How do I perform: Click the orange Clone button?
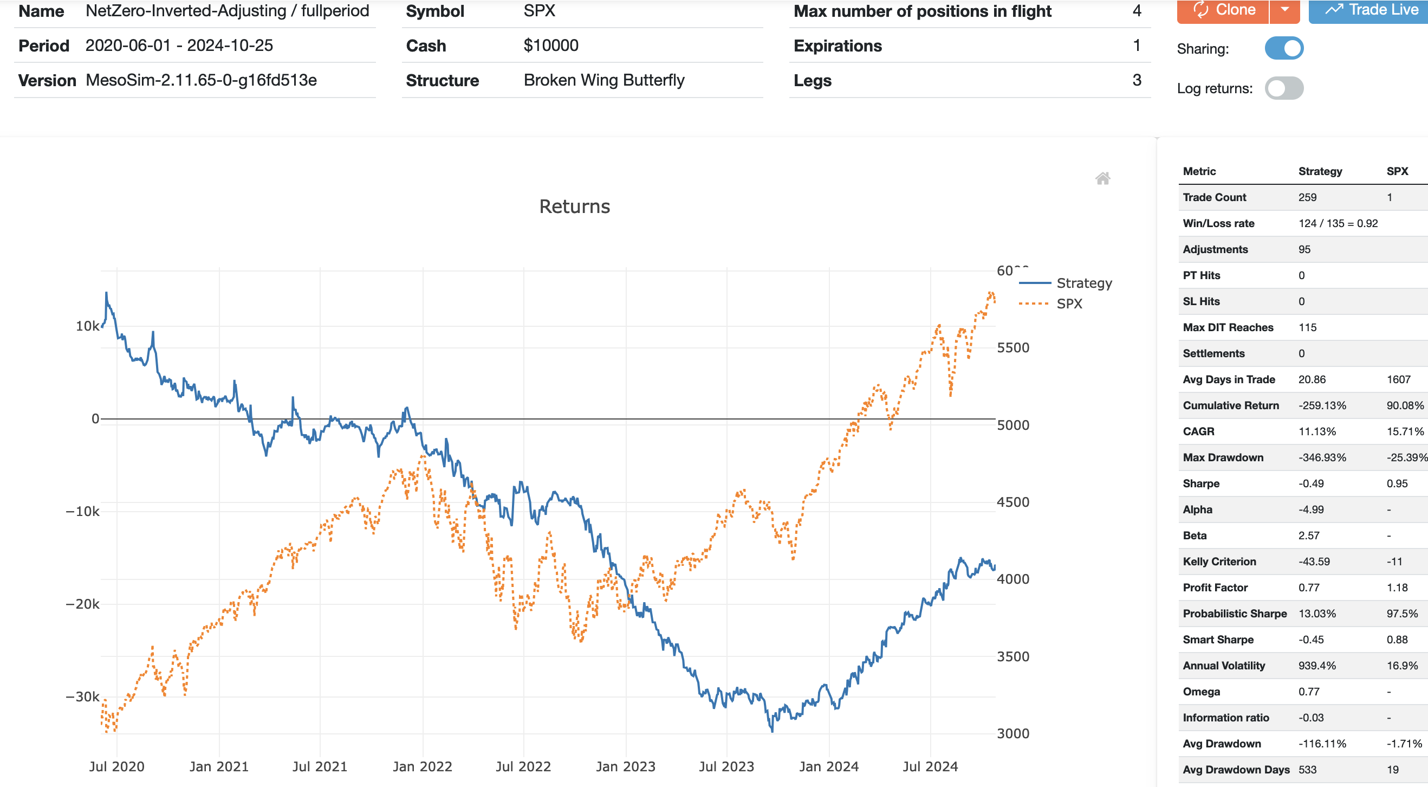click(x=1223, y=10)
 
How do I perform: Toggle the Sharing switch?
click(x=1284, y=48)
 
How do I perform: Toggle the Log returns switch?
click(x=1284, y=88)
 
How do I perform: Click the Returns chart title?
click(x=574, y=207)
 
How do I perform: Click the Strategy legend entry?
click(x=1084, y=283)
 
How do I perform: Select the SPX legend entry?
click(x=1069, y=304)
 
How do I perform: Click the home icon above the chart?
click(x=1102, y=178)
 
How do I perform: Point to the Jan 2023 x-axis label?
click(x=625, y=766)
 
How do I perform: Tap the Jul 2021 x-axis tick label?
click(x=319, y=766)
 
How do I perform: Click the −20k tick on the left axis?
click(x=82, y=604)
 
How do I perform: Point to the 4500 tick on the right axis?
click(x=1013, y=502)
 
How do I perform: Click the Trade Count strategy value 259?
click(x=1307, y=197)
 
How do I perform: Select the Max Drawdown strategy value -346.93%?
click(x=1322, y=457)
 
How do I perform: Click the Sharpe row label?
click(x=1200, y=483)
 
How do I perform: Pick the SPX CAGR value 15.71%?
click(x=1405, y=431)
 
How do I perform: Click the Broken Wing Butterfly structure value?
click(x=603, y=80)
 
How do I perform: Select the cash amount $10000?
click(x=550, y=46)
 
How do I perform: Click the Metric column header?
click(x=1199, y=171)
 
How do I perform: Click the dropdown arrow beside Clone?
click(x=1284, y=10)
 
